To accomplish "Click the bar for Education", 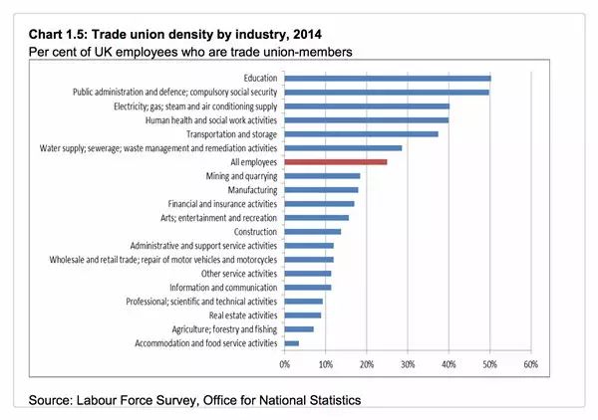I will (x=387, y=78).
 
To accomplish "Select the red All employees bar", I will (x=335, y=161).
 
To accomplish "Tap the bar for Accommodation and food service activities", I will (x=291, y=343).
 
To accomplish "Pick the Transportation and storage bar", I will (x=361, y=133).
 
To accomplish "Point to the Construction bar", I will (x=312, y=231).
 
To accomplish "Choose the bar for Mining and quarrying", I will (x=322, y=175).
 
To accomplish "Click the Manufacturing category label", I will (x=251, y=189).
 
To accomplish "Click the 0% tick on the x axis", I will (x=285, y=364).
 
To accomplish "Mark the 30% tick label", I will (x=408, y=364).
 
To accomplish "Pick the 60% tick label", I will (x=530, y=364).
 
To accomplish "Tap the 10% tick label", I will (x=326, y=364).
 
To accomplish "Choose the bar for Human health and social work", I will (x=366, y=119).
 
